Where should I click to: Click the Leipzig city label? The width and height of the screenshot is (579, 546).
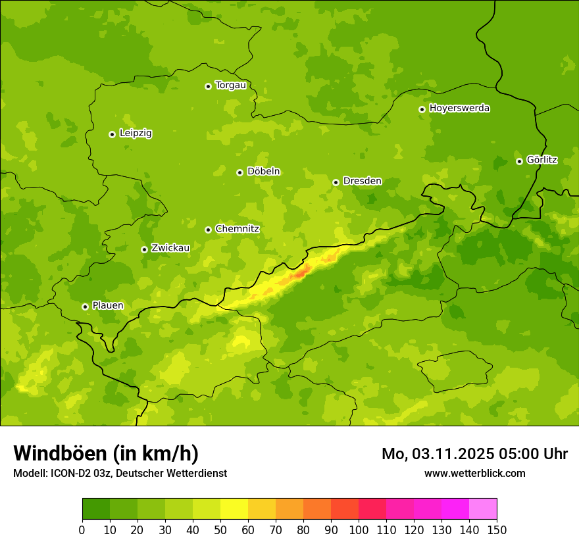click(x=136, y=134)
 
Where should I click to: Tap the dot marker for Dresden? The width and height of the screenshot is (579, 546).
click(x=336, y=182)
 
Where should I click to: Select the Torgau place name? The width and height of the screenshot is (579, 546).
click(x=230, y=86)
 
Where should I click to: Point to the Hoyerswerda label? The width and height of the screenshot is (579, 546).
click(x=459, y=109)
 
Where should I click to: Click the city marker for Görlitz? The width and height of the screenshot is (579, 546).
click(x=519, y=161)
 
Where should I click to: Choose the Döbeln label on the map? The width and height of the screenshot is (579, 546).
click(x=263, y=172)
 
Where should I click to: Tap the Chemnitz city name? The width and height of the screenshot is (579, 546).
click(x=237, y=229)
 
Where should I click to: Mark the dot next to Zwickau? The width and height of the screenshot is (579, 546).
click(x=144, y=249)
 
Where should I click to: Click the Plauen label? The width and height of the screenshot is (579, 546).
click(x=108, y=306)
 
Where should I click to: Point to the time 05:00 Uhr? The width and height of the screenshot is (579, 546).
click(x=540, y=454)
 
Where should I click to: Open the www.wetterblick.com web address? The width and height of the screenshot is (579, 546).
click(x=474, y=473)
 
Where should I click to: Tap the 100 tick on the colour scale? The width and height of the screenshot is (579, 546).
click(x=359, y=530)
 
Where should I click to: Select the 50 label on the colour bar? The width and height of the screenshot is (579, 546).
click(x=220, y=530)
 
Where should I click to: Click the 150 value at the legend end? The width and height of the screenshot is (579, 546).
click(x=497, y=530)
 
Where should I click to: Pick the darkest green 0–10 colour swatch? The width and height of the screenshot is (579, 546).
click(x=96, y=509)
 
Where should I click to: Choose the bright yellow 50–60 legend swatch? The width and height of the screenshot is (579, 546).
click(x=234, y=509)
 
